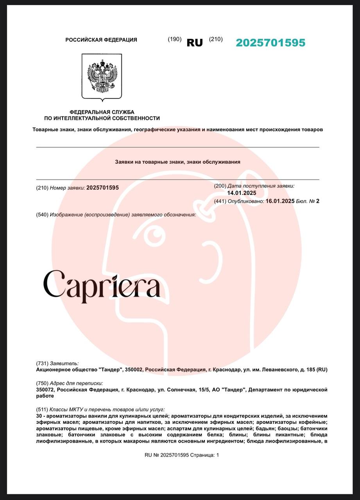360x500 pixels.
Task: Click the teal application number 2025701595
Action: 270,43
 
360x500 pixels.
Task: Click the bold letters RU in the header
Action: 195,43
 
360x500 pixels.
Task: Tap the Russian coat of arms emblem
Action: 102,77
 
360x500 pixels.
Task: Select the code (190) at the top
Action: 174,39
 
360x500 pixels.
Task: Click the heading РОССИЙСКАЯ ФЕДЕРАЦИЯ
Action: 101,40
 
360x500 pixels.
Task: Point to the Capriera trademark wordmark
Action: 102,285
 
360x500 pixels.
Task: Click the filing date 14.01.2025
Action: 242,193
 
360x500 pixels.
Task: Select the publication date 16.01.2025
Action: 280,201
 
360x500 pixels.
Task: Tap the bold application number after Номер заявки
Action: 102,188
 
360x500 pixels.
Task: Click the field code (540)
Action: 42,214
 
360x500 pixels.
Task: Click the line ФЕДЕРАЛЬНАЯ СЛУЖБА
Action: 102,112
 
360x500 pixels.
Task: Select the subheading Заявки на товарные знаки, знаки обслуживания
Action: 178,162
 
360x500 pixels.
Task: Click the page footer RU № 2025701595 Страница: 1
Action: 182,455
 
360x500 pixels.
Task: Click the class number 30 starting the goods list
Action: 38,416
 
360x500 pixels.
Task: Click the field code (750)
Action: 42,384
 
